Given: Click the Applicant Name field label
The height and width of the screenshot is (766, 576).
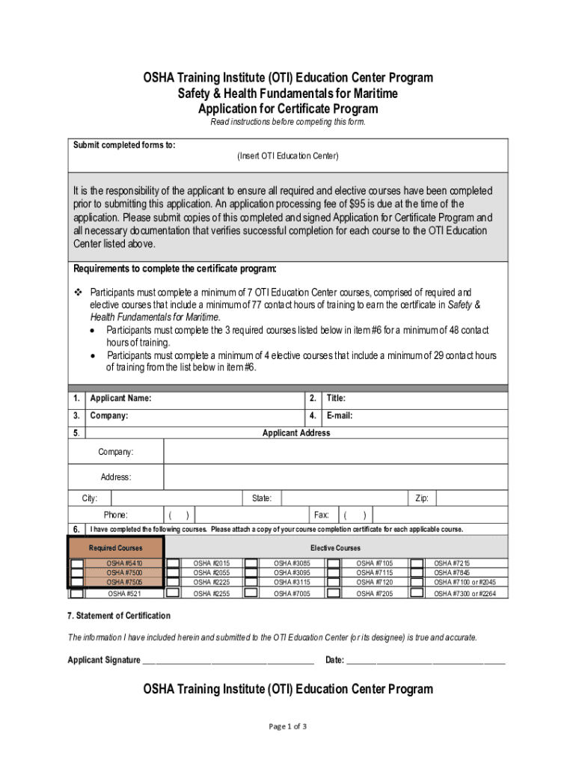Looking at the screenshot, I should click(x=120, y=399).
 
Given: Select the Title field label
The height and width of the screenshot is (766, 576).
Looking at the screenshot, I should click(x=335, y=399).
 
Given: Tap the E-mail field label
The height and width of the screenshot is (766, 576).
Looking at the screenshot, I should click(x=340, y=416).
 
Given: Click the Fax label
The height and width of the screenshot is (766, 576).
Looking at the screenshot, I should click(x=322, y=515).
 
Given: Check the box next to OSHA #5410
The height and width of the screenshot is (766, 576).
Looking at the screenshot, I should click(x=77, y=563).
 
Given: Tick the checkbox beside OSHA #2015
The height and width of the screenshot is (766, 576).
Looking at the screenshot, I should click(x=173, y=563).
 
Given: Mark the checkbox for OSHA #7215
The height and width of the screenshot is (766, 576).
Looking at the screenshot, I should click(x=417, y=563).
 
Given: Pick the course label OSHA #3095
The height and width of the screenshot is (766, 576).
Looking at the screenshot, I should click(x=292, y=573).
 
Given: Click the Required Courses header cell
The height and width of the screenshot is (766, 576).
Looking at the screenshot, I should click(x=115, y=548).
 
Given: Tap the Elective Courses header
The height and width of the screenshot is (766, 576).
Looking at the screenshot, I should click(x=335, y=548).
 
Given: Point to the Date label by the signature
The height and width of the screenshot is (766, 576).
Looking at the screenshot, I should click(x=334, y=661).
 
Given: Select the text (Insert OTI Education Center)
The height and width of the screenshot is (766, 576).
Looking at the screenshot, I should click(x=288, y=156).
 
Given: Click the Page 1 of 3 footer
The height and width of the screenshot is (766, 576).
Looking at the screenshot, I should click(x=288, y=726).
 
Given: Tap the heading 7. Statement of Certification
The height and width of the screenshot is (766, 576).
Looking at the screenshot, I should click(x=119, y=616).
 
